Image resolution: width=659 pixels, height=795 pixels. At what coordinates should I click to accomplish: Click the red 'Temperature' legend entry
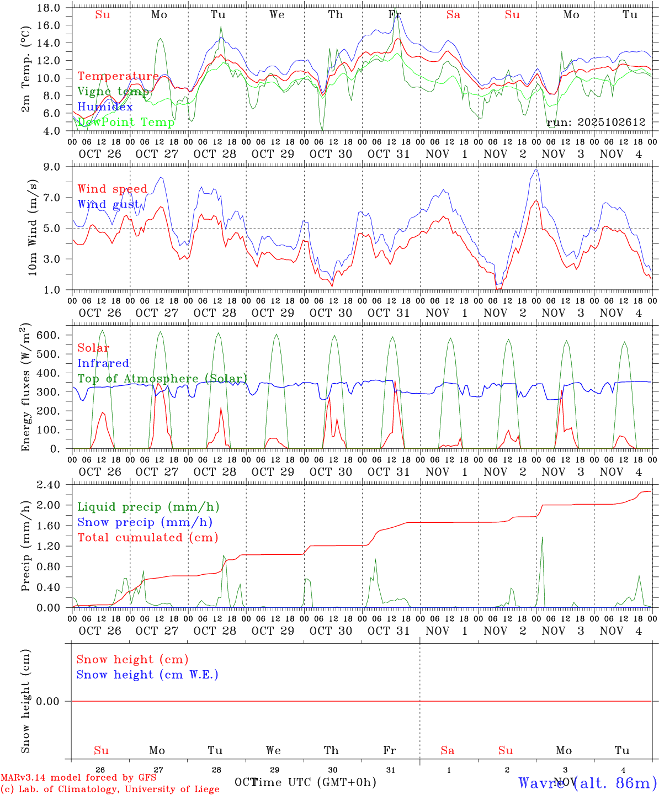[x=118, y=76]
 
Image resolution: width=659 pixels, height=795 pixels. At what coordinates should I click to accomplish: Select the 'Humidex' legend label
[x=105, y=107]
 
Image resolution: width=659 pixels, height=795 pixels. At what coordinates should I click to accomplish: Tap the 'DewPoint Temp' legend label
[x=126, y=122]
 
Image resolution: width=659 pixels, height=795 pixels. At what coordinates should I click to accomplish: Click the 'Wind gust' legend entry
[x=108, y=204]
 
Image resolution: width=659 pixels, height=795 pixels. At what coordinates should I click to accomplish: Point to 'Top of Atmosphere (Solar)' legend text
[x=162, y=379]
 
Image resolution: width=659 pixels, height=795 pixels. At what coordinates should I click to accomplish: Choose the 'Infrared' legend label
[x=103, y=363]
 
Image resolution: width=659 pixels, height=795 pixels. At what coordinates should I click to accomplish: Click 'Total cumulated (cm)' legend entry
[x=148, y=537]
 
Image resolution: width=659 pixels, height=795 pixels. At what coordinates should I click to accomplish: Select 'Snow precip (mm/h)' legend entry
[x=145, y=522]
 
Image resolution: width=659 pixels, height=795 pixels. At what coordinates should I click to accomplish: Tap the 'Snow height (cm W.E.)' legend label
[x=147, y=675]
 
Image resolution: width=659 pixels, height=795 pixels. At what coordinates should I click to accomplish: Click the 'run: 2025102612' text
[x=596, y=123]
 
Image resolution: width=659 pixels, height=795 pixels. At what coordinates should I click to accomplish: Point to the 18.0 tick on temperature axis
[x=50, y=8]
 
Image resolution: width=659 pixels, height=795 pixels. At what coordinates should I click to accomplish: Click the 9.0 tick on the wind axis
[x=55, y=166]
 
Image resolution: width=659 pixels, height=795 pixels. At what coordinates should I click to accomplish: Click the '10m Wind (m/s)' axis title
[x=33, y=227]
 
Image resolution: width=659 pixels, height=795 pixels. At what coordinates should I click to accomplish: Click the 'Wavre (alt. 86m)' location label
[x=587, y=782]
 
